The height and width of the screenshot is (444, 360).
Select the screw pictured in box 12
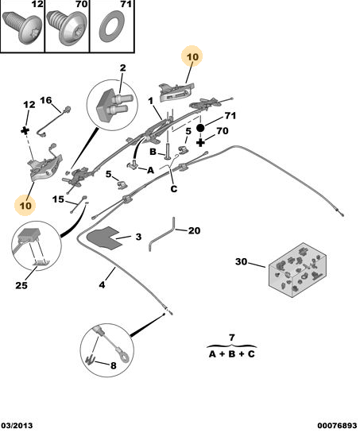[23, 27]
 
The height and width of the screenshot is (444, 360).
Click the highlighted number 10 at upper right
[192, 56]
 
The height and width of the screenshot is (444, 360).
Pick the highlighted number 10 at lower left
[25, 205]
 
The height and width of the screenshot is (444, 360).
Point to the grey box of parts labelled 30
[297, 269]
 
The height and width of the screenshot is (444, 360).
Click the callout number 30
[242, 261]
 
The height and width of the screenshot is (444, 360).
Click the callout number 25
[21, 285]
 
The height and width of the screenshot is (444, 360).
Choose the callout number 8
[114, 365]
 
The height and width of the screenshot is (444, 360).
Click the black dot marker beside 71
[200, 128]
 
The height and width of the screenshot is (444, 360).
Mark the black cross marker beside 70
[200, 142]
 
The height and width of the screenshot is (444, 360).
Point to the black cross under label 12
[25, 130]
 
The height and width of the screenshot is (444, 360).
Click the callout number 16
[46, 100]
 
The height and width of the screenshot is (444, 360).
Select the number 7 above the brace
[232, 338]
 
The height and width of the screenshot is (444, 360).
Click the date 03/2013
[17, 426]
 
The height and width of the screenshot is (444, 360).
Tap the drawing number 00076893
[337, 426]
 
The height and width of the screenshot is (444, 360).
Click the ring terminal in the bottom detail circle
[124, 357]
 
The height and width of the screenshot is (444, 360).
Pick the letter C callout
[173, 188]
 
